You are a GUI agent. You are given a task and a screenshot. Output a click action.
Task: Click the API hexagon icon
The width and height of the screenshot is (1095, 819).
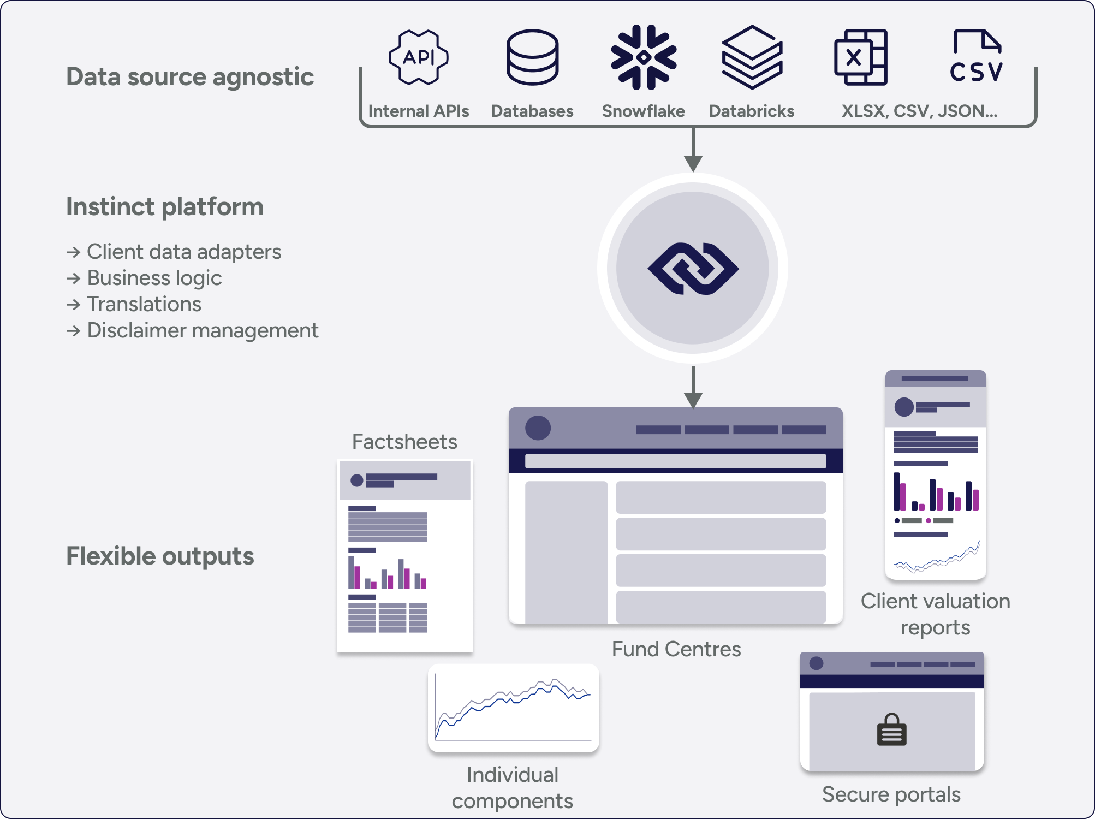click(x=419, y=57)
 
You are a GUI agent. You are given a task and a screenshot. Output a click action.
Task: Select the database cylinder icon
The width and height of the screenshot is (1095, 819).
click(x=532, y=57)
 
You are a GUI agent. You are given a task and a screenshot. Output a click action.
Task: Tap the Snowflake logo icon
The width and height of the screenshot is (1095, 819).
click(x=644, y=57)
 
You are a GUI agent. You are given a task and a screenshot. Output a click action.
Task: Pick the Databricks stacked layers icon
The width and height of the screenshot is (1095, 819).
click(x=752, y=57)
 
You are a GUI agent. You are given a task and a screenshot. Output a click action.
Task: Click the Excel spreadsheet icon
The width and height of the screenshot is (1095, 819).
click(x=861, y=57)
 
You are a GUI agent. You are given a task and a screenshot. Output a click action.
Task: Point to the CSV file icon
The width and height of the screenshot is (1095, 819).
click(x=977, y=56)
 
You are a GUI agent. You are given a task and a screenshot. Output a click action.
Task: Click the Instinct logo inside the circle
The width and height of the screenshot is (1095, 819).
click(x=693, y=269)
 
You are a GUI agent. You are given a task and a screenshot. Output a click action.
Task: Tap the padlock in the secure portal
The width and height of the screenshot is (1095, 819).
click(x=891, y=730)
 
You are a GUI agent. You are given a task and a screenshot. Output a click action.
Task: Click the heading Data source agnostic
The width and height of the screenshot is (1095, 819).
click(x=190, y=76)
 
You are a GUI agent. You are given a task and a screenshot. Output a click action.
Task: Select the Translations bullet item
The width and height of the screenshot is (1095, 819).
click(x=144, y=304)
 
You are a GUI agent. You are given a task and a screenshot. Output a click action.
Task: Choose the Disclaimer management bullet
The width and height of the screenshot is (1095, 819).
click(x=203, y=330)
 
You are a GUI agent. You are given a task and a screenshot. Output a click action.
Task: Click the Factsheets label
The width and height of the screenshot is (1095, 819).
click(x=404, y=441)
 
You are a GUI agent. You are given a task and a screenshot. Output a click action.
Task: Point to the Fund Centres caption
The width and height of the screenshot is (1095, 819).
click(x=676, y=649)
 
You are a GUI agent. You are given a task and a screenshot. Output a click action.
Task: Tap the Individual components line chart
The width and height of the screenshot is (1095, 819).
click(x=513, y=708)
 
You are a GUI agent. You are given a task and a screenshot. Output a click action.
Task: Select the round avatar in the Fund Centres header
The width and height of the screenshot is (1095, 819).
click(x=538, y=428)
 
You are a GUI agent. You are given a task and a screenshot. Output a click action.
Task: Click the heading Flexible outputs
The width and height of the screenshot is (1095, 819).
click(x=160, y=556)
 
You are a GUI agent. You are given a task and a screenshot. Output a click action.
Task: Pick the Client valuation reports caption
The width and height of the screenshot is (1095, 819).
click(x=935, y=614)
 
